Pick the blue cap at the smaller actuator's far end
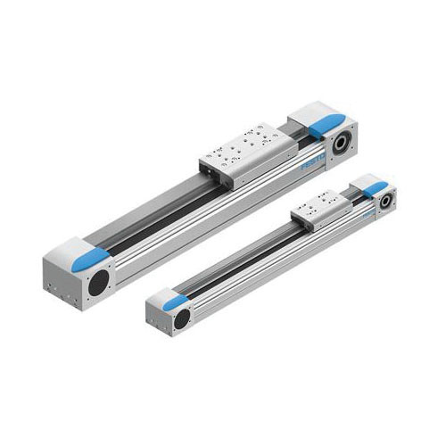click(379, 186)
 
